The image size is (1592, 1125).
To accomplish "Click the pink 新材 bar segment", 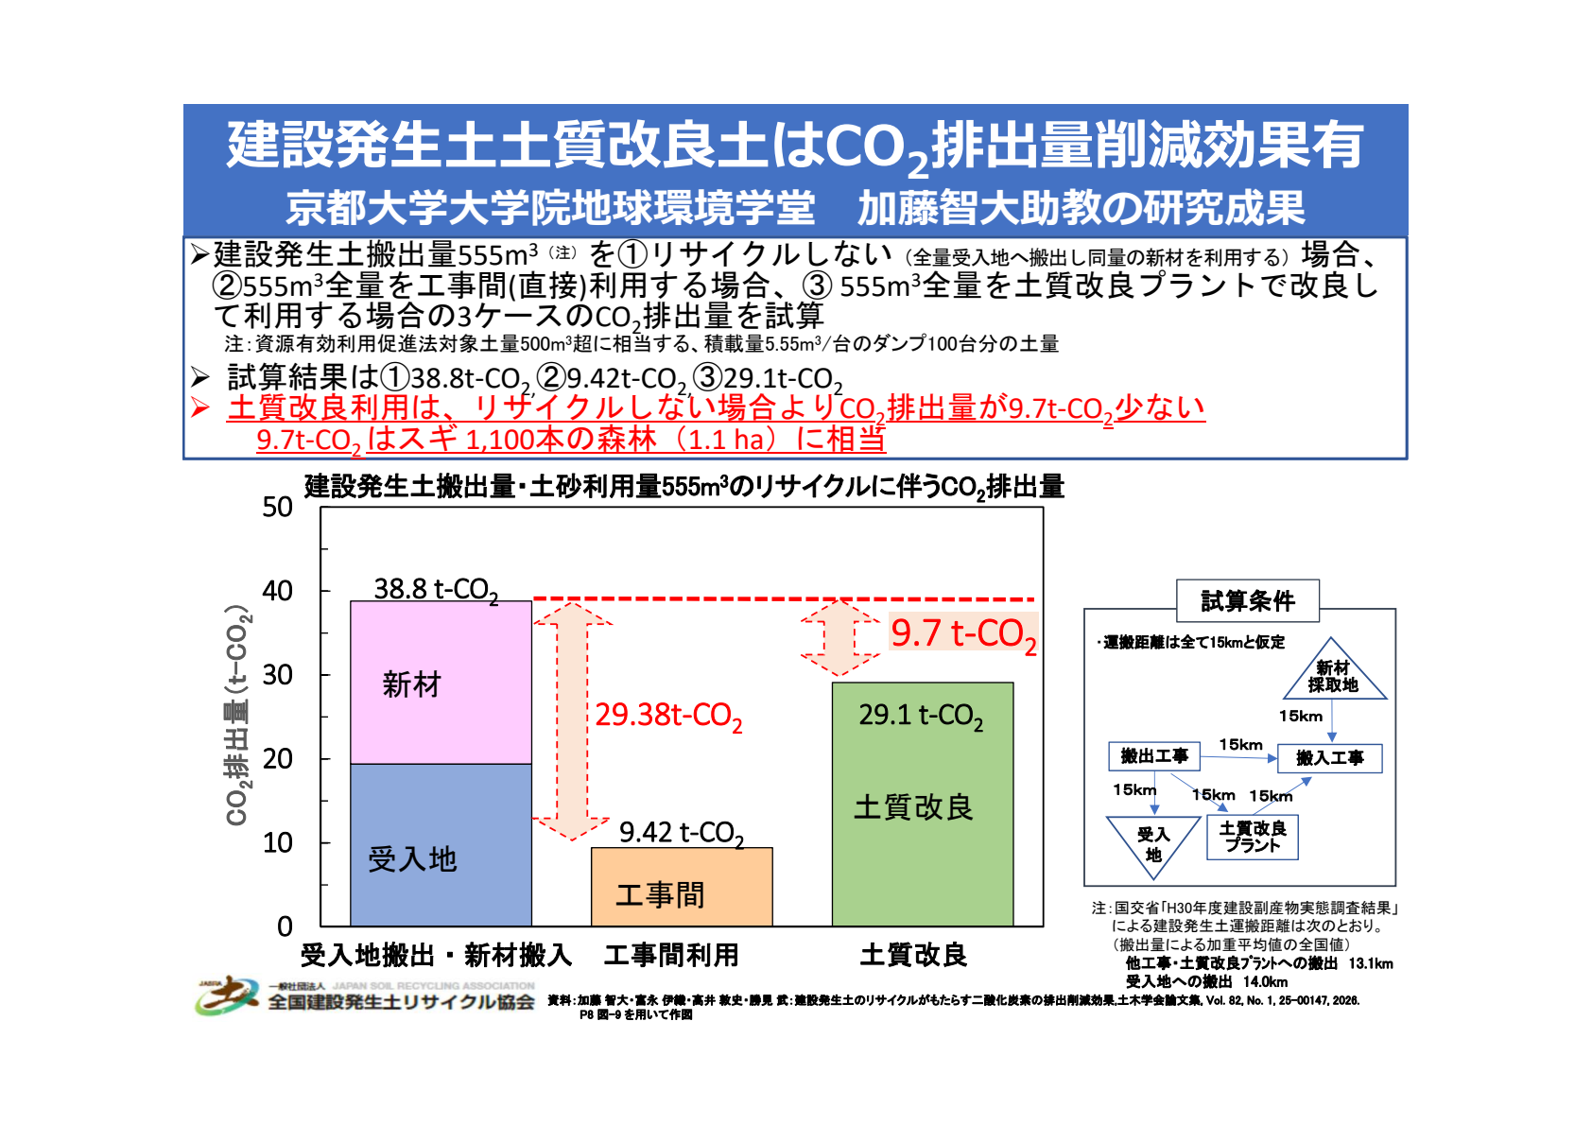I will (441, 683).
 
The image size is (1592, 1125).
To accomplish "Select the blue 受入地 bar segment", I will (441, 844).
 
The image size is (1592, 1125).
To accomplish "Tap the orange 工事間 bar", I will (682, 887).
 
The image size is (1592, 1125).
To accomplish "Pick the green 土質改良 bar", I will (922, 804).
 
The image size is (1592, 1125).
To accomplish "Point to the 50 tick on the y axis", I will (278, 508).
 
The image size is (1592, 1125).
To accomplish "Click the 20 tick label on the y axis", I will (278, 758).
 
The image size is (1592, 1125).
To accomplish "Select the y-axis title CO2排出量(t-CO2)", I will (237, 715).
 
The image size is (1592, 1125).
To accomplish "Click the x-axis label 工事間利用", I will (671, 955).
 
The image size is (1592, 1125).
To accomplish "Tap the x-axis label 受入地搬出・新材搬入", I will (436, 955).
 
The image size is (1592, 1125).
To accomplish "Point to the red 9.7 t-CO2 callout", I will (963, 633).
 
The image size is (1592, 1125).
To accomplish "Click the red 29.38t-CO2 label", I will (668, 716).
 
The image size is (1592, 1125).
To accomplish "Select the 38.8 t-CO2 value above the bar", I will (436, 589).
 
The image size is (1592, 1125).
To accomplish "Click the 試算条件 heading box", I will (1248, 600).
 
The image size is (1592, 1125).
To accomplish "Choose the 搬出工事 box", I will (1154, 756).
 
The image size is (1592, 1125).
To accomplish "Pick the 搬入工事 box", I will (1329, 758).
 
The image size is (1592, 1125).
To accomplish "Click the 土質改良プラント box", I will (1253, 837).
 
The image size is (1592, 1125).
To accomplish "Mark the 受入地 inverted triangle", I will (1153, 841).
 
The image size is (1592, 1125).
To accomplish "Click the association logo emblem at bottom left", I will (226, 995).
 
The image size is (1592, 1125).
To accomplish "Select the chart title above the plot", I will (684, 487).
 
